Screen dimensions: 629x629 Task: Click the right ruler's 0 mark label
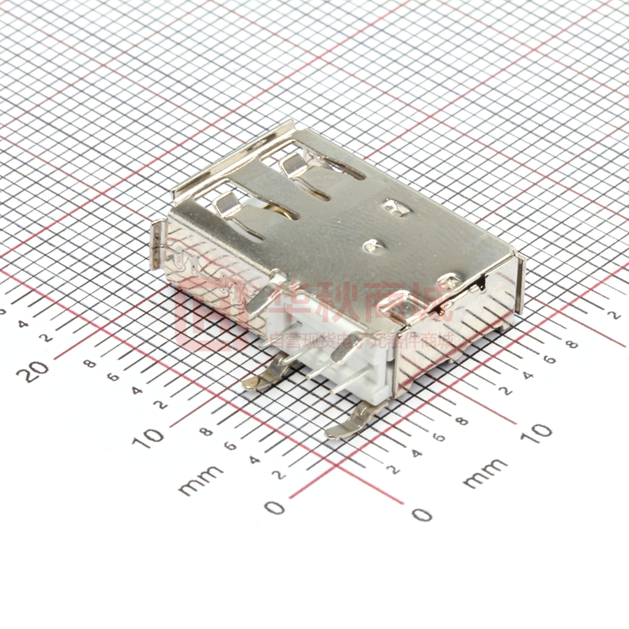(x=421, y=515)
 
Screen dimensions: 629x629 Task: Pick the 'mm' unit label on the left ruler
(x=201, y=479)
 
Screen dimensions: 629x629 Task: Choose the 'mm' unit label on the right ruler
(x=485, y=473)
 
